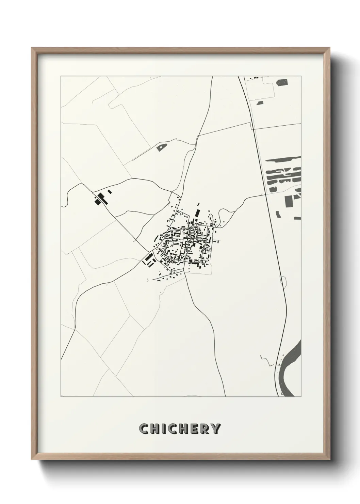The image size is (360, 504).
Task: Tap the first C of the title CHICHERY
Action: tap(144, 429)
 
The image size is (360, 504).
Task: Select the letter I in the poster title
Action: tap(163, 429)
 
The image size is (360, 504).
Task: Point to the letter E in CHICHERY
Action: tap(195, 429)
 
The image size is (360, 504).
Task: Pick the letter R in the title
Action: tap(205, 429)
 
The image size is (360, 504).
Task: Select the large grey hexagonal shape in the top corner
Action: tap(282, 82)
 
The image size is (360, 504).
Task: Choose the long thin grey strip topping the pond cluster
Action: tap(283, 158)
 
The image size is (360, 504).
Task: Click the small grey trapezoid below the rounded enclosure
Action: tap(260, 103)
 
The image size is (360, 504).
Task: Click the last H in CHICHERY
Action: tap(184, 429)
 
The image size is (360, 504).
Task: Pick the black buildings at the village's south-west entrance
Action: tap(149, 259)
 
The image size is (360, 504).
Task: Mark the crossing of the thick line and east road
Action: tap(265, 195)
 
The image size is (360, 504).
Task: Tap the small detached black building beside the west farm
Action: tap(110, 192)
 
